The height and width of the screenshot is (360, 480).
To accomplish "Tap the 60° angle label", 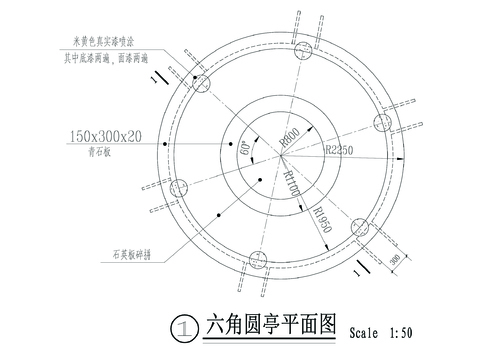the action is click(243, 151).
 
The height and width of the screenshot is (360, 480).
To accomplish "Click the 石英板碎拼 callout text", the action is click(131, 256).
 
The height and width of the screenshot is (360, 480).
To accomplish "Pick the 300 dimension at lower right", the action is click(397, 259).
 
